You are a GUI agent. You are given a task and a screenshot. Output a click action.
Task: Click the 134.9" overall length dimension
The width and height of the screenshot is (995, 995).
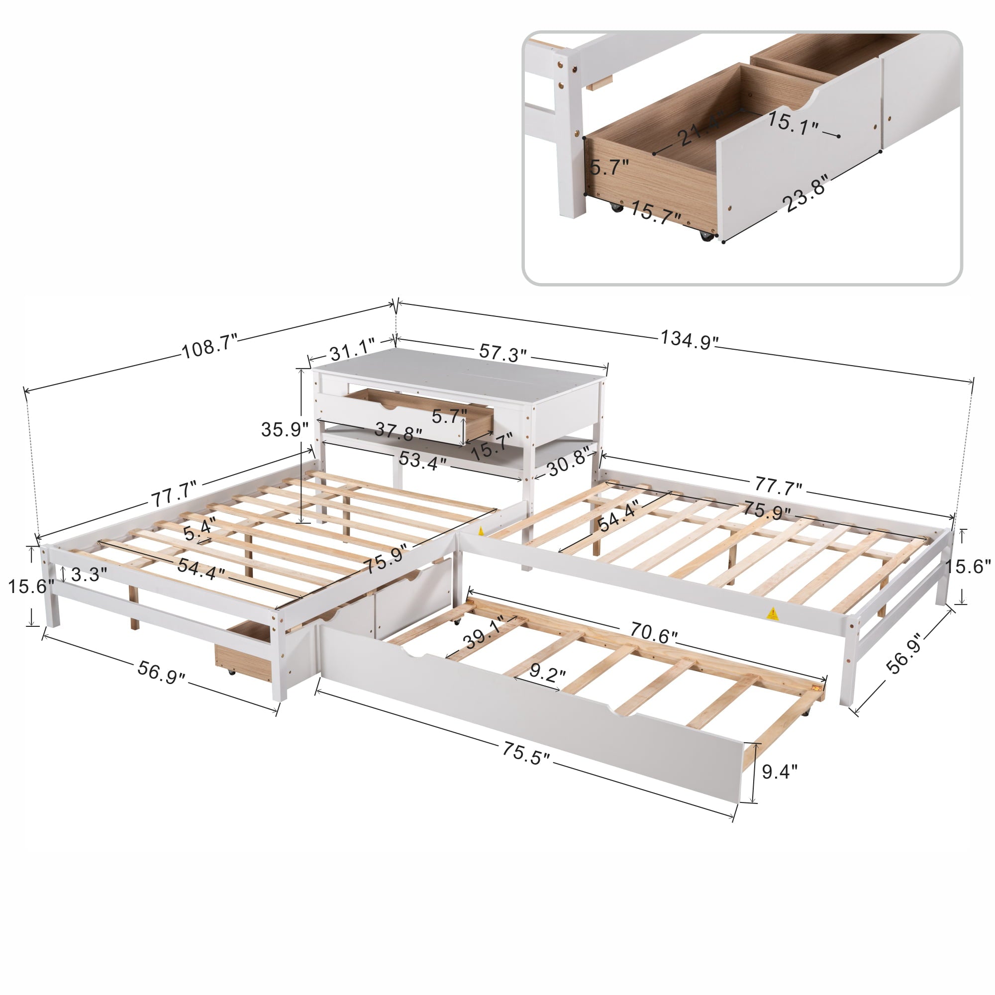(689, 339)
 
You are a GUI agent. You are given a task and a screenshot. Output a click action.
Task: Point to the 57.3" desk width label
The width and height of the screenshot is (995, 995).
(502, 353)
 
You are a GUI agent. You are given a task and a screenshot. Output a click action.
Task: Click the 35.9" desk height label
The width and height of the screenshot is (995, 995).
(284, 429)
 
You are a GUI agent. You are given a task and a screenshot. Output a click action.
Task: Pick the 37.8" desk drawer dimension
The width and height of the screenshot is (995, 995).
(398, 431)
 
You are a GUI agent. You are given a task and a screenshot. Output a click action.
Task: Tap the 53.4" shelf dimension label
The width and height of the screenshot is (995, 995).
(422, 460)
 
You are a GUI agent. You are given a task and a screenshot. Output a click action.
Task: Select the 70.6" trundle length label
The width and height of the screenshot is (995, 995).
(653, 634)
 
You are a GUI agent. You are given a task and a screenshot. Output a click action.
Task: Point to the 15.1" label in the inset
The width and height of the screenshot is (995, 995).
(793, 124)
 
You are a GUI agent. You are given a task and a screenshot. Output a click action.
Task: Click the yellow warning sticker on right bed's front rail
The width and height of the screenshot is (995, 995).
(772, 613)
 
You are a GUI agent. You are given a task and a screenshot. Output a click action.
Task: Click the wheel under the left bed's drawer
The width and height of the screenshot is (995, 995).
(230, 672)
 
